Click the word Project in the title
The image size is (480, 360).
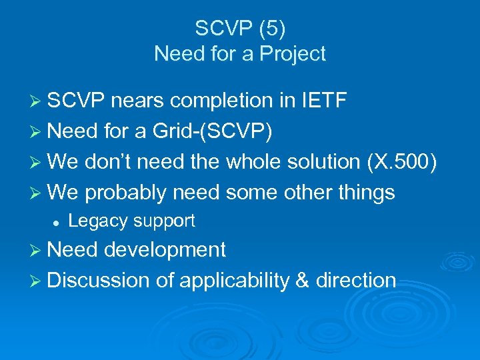click(293, 53)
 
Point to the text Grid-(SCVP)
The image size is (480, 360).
click(213, 131)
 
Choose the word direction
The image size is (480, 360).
click(356, 281)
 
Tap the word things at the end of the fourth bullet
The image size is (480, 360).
click(365, 193)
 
